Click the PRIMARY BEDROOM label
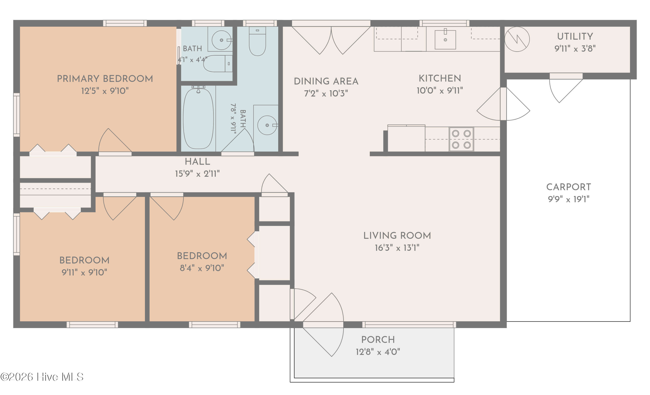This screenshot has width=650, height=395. [105, 79]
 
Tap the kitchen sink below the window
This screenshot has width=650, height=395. [445, 40]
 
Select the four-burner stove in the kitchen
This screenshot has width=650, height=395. [461, 139]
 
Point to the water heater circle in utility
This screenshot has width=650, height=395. [517, 39]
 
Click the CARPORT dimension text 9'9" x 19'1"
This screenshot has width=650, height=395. [569, 199]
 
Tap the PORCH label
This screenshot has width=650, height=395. [378, 340]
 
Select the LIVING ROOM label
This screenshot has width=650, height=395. [397, 235]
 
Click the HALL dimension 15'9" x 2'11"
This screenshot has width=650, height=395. [197, 174]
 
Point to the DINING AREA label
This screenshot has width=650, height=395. [326, 81]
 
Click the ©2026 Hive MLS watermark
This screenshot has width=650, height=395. [42, 377]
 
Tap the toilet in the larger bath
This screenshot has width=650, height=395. [257, 41]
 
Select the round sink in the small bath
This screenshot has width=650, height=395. [222, 40]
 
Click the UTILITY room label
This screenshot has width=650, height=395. [575, 36]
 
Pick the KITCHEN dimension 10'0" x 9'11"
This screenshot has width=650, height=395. [440, 91]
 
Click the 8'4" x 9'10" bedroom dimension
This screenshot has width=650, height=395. [202, 268]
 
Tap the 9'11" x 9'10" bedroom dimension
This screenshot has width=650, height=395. [84, 272]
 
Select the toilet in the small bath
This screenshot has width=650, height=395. [218, 63]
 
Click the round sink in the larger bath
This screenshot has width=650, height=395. [267, 125]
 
